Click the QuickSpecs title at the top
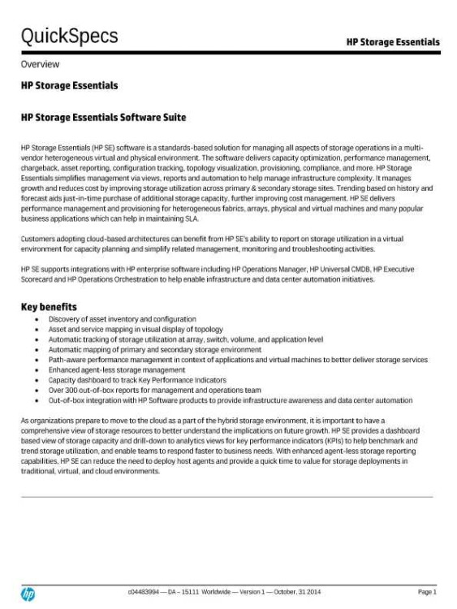pyautogui.click(x=69, y=37)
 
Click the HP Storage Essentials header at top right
pyautogui.click(x=393, y=42)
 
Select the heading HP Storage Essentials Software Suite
pyautogui.click(x=103, y=118)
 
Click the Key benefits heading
pyautogui.click(x=49, y=307)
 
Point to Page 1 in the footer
pyautogui.click(x=426, y=592)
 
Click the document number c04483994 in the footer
pyautogui.click(x=145, y=592)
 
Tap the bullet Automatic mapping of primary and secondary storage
pyautogui.click(x=154, y=349)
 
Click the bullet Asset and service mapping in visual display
pyautogui.click(x=136, y=329)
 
